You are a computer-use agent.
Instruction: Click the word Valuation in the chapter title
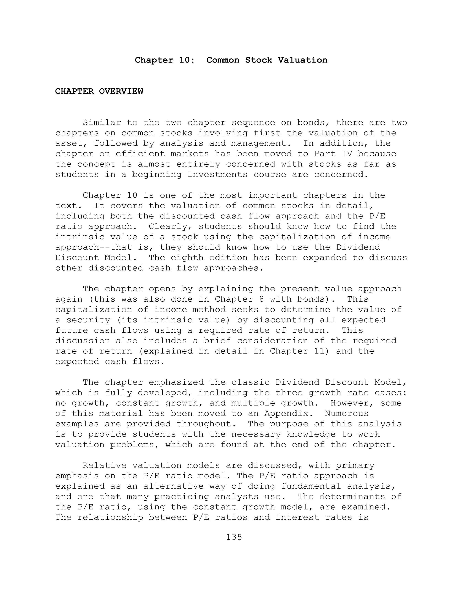click(303, 60)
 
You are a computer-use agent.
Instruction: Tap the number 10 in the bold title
click(184, 60)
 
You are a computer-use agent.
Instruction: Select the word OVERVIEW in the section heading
click(121, 91)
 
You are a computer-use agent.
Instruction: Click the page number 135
click(234, 537)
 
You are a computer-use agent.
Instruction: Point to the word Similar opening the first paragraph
click(102, 122)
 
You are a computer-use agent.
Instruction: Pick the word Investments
click(217, 174)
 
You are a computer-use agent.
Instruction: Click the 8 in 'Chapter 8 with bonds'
click(256, 299)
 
